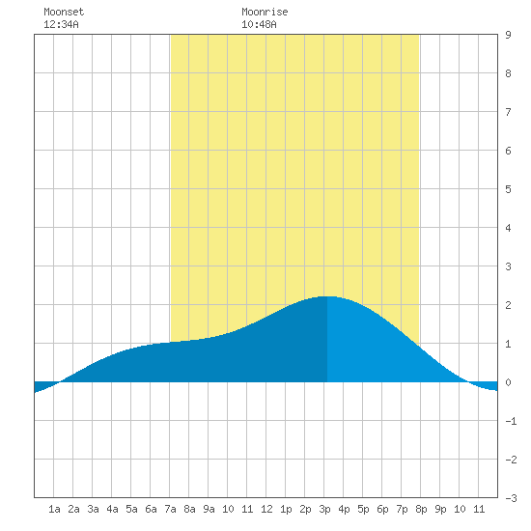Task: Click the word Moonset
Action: pos(64,12)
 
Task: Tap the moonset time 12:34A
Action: pos(61,24)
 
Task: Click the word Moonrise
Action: pos(265,12)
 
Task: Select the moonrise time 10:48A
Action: pos(259,24)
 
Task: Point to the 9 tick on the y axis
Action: pos(508,35)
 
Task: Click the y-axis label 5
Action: pos(508,189)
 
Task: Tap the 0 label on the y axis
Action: pos(508,382)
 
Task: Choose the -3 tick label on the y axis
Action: pos(511,498)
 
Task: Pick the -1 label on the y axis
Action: pos(511,421)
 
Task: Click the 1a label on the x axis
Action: pos(54,509)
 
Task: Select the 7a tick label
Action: pos(170,509)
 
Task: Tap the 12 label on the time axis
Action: pos(266,509)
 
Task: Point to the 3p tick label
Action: pos(324,509)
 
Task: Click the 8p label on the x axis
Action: pos(421,509)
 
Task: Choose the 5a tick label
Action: pos(131,509)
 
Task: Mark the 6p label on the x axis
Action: pos(382,509)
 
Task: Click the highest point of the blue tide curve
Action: pos(328,296)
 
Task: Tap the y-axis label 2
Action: pos(508,305)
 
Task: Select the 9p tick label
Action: pos(440,509)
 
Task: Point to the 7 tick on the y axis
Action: pos(508,112)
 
